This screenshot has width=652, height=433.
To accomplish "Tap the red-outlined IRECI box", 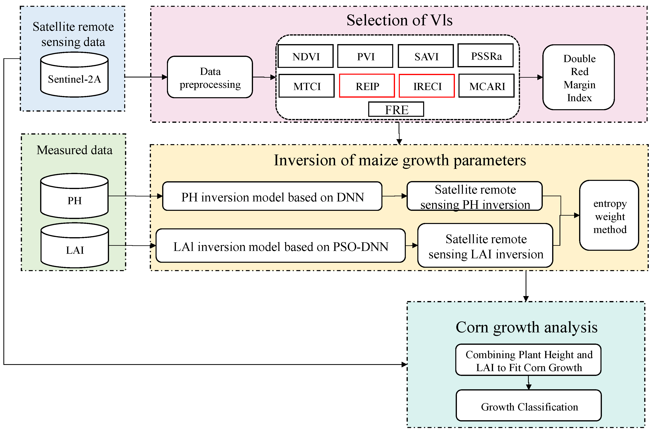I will point(427,86).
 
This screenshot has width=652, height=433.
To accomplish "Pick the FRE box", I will point(396,110).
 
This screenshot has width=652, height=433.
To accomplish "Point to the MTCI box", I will point(307,86).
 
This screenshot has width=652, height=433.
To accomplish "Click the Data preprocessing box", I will point(210,77).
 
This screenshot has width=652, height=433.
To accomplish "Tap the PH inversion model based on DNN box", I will point(272,197).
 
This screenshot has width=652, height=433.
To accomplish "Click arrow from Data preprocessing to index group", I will point(264,77).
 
